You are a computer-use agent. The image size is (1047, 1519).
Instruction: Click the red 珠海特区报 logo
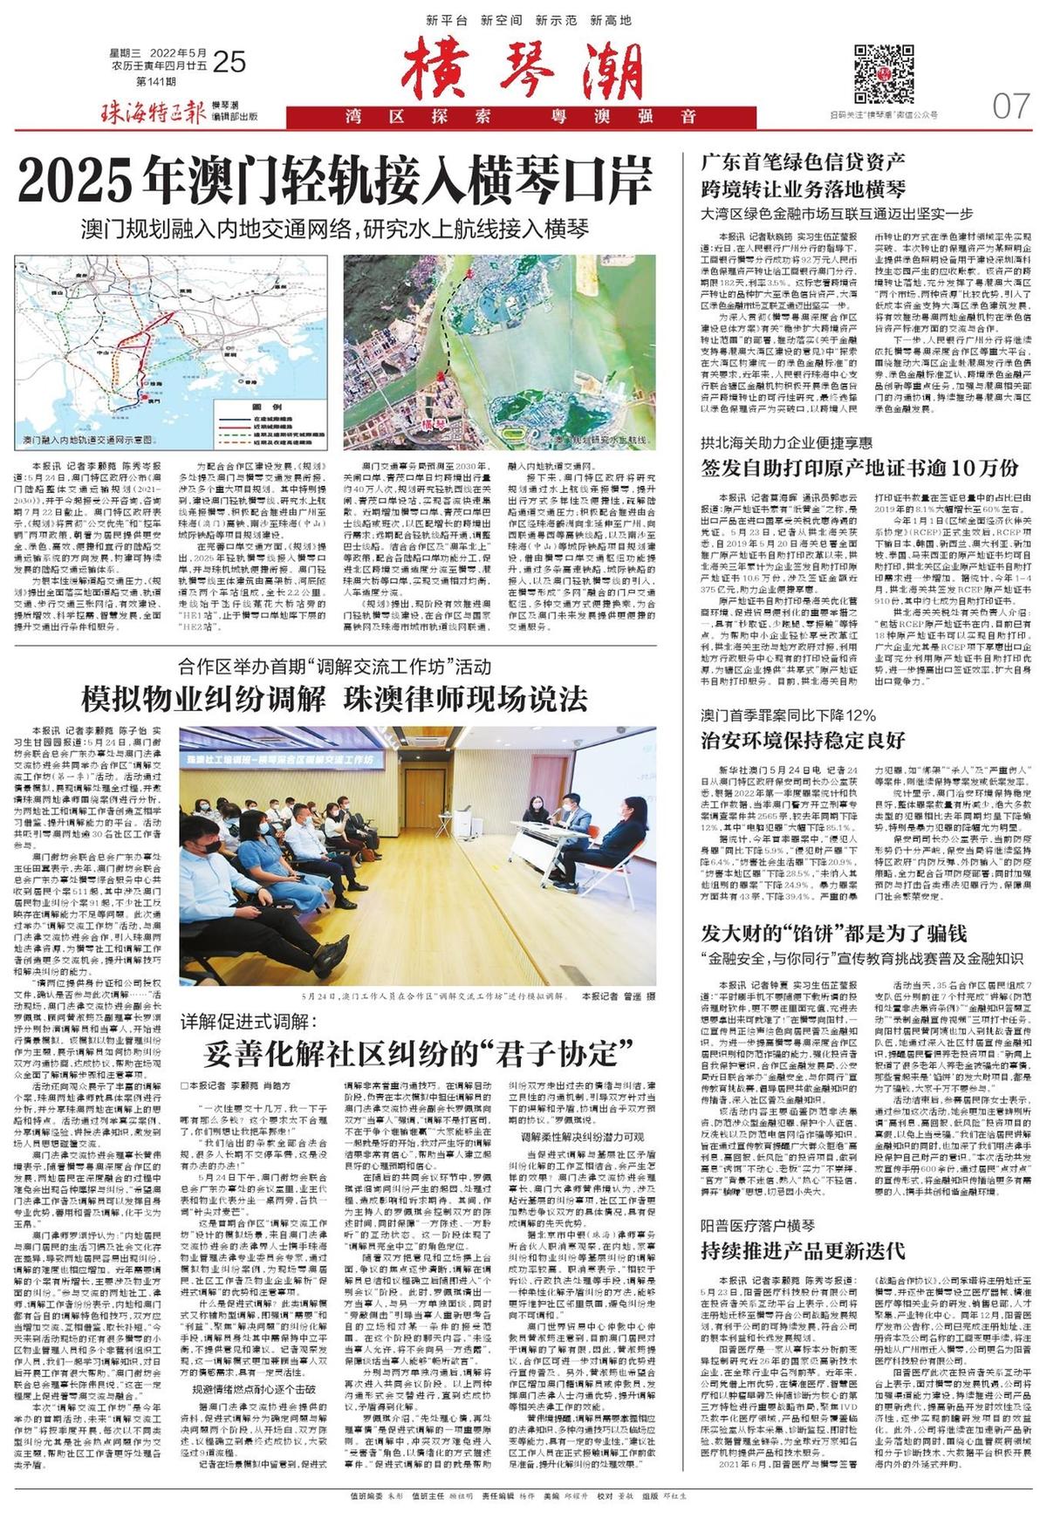[x=154, y=112]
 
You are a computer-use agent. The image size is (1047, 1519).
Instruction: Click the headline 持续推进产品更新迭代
[x=803, y=1250]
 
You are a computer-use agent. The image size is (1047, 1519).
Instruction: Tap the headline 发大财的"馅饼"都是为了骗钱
[x=833, y=933]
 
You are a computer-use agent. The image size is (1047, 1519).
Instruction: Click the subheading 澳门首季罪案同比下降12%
[x=788, y=715]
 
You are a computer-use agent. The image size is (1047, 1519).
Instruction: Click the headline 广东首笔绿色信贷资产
[x=804, y=161]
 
